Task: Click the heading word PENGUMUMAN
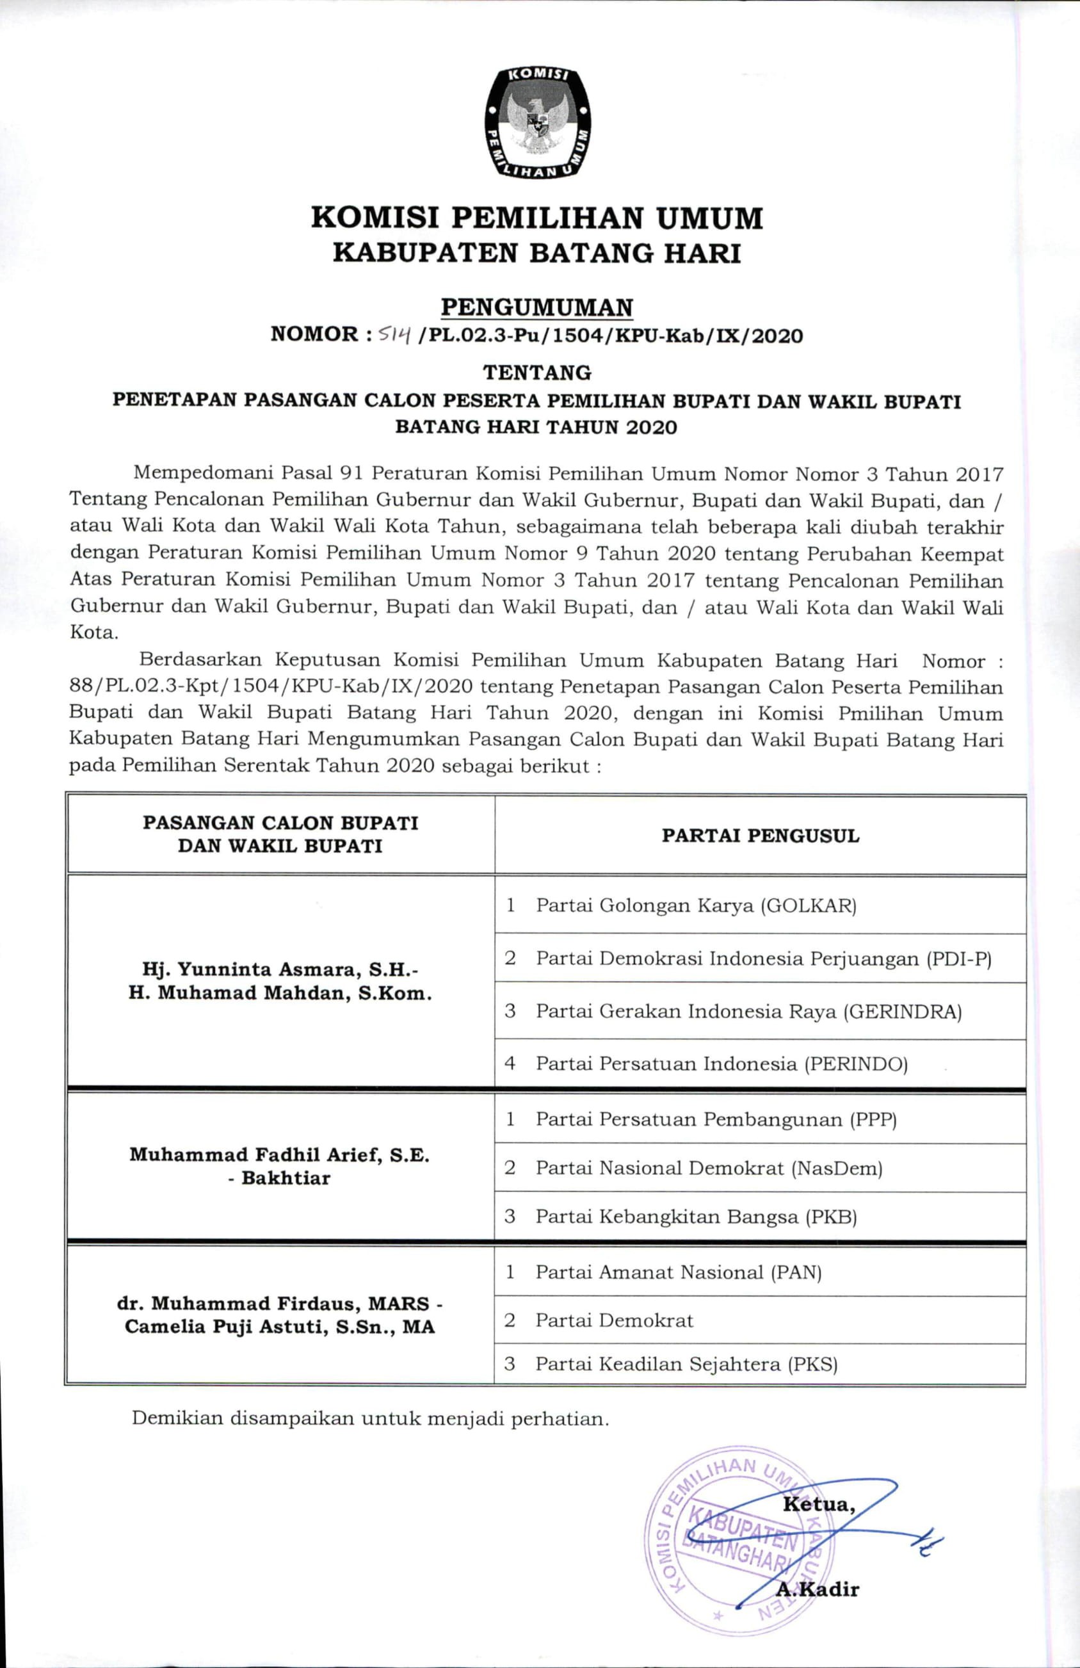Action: click(x=537, y=307)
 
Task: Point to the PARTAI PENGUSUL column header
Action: click(x=761, y=836)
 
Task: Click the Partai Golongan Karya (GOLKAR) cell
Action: click(x=696, y=905)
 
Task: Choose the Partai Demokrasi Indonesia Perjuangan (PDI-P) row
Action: click(x=763, y=958)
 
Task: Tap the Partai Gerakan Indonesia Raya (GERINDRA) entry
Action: click(x=748, y=1011)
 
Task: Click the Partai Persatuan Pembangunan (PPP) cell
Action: click(x=716, y=1119)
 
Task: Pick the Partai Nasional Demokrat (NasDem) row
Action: click(x=709, y=1169)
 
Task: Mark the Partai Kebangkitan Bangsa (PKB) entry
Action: click(x=696, y=1217)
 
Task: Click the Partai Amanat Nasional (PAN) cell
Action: click(x=678, y=1272)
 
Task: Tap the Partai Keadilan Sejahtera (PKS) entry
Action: click(x=686, y=1364)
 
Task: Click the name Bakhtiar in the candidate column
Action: click(x=286, y=1178)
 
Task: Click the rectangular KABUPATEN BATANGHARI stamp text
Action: click(x=739, y=1529)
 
